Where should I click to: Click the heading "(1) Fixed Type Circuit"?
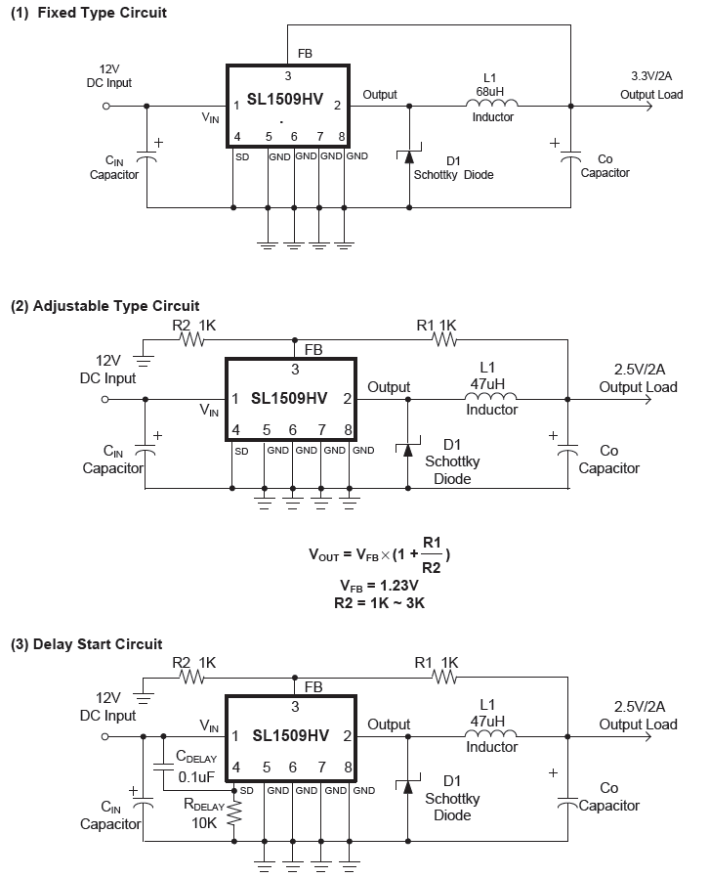[x=88, y=13]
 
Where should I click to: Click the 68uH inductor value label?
[x=490, y=90]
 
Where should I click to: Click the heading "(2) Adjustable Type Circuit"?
[x=104, y=306]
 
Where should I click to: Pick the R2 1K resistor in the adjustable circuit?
[x=190, y=340]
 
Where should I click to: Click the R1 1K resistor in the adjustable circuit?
[x=445, y=340]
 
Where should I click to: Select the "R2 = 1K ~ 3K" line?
[x=379, y=602]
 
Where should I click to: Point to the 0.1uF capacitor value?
[x=195, y=776]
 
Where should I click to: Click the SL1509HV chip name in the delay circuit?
[x=290, y=736]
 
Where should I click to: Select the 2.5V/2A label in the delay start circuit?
[x=639, y=707]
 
